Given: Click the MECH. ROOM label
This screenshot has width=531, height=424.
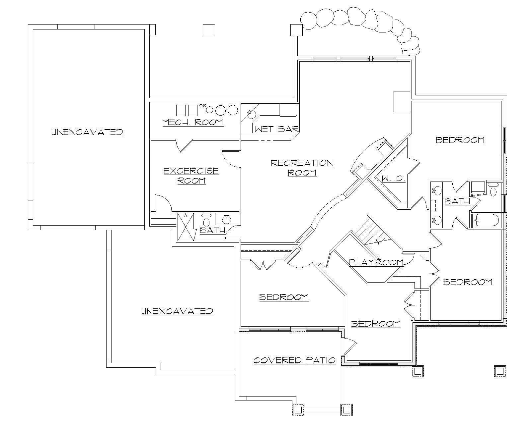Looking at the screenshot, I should point(192,122).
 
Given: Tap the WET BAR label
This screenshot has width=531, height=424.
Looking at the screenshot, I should point(277,129).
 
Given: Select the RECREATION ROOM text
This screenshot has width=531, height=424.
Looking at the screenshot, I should point(302,168).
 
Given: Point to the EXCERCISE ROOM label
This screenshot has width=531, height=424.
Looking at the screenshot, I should point(191,176).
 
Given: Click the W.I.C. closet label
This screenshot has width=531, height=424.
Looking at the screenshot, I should point(393,179).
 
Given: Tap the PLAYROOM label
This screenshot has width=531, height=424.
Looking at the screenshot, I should point(376,262).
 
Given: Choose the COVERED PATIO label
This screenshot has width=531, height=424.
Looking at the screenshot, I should point(294,360).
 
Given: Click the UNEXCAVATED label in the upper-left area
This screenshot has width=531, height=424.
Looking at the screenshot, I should point(88,132).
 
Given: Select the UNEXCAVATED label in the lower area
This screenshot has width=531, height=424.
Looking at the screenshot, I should point(177,311).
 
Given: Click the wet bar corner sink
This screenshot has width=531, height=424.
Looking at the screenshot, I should point(251,115).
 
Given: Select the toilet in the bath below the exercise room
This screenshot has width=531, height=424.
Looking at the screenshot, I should point(206,222).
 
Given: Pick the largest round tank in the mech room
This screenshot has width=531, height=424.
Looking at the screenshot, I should point(233,110).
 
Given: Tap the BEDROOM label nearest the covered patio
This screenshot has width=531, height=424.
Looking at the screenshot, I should point(283,297).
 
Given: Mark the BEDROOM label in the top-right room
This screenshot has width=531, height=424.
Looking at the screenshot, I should point(460,140).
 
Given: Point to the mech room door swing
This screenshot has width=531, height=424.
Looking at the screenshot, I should point(184,146).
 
